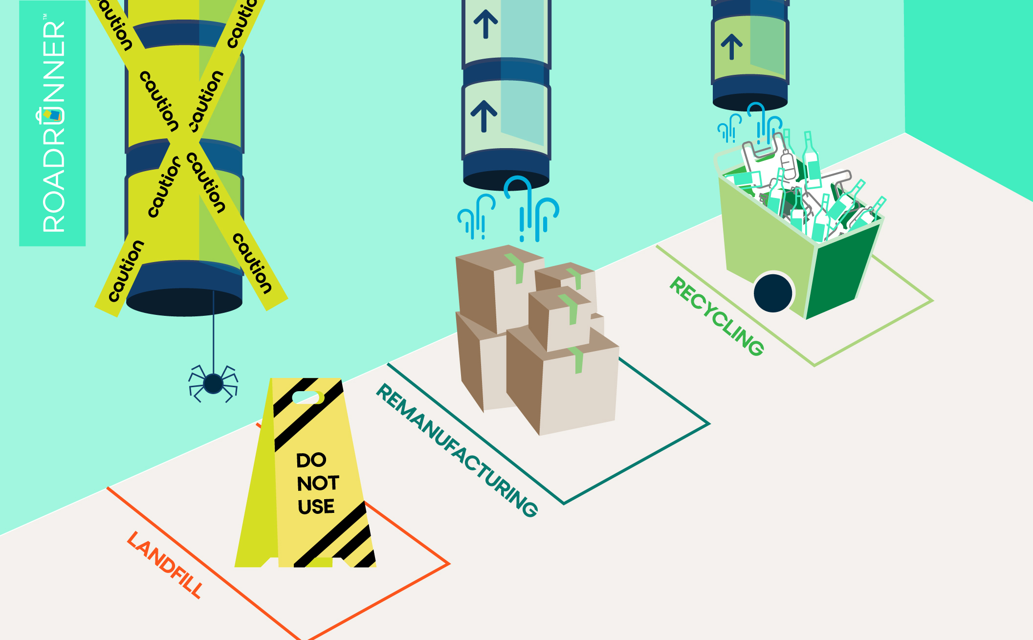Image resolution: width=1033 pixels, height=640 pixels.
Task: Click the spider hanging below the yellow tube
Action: point(213,383)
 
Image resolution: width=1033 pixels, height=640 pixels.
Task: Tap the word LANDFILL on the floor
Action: point(165,565)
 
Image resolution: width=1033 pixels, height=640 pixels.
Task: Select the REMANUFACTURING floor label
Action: point(457,450)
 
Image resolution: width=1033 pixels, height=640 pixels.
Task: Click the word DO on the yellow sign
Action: point(311,460)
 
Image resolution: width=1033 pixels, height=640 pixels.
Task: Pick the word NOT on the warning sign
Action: point(318,483)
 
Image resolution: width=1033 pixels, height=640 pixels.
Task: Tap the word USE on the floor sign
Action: point(316,507)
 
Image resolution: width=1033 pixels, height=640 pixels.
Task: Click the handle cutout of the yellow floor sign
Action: point(307,397)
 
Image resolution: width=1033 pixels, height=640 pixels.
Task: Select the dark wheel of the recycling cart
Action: point(773,293)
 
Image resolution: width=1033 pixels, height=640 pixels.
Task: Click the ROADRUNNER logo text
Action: point(53,125)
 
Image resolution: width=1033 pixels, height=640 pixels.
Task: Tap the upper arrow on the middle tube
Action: point(485,24)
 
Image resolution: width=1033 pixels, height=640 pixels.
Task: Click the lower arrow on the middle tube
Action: point(484,116)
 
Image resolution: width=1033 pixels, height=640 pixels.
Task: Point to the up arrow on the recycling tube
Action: point(731,47)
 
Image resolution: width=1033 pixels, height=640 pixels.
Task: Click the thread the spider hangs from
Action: point(213,332)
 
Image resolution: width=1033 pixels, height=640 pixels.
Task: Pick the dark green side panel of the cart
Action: point(838,274)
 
